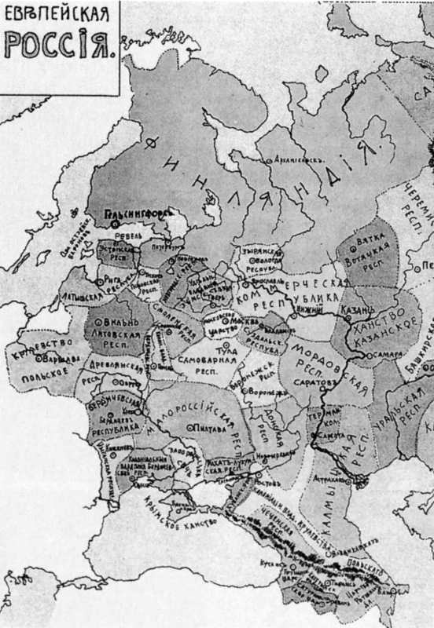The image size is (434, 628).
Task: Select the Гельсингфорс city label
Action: click(x=132, y=212)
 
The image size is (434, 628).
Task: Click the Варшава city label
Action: click(x=52, y=361)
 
